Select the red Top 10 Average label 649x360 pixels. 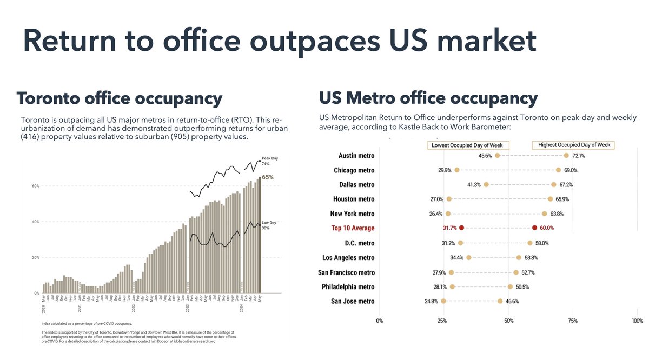(x=353, y=228)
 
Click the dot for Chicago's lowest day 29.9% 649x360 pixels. (x=457, y=170)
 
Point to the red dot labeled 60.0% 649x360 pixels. (x=534, y=228)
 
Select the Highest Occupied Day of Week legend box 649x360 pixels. (x=575, y=145)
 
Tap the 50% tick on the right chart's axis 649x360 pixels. (x=508, y=321)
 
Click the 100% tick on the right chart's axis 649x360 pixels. (x=638, y=321)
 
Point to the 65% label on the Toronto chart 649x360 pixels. (x=268, y=177)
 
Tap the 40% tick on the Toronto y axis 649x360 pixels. (x=35, y=222)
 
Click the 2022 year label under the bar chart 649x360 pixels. (x=133, y=310)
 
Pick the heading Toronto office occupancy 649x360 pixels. (x=119, y=98)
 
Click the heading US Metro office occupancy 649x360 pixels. (x=428, y=98)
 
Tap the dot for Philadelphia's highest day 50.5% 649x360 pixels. (x=510, y=286)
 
